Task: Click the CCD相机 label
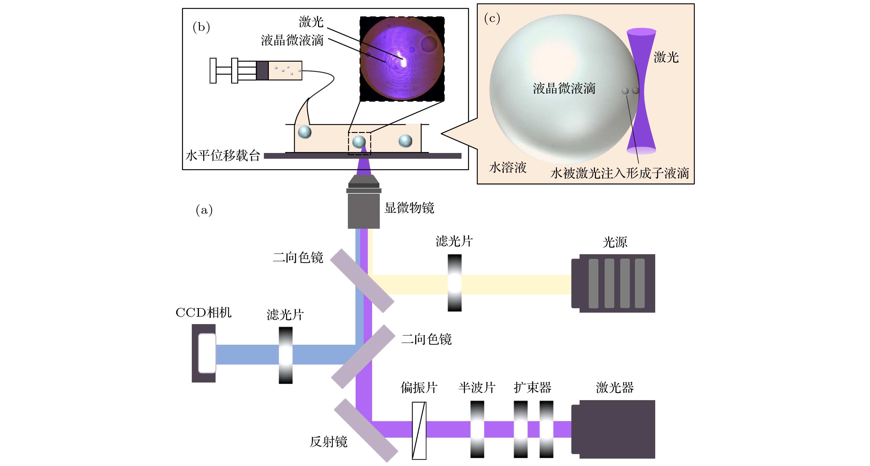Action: pos(203,312)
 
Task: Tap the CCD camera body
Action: pos(204,353)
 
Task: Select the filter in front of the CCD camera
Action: pos(285,355)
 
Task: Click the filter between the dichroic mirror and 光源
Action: pos(455,283)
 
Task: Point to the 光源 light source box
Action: pos(613,283)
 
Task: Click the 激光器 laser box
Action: pos(613,429)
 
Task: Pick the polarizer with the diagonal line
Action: pos(419,431)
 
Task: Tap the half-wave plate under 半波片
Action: pos(477,429)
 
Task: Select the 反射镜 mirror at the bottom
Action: pos(366,430)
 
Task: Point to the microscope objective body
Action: pos(364,209)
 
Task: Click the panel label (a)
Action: pos(204,210)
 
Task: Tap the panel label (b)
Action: pos(201,27)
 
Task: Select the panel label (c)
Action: pos(492,18)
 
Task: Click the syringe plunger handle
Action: pos(213,70)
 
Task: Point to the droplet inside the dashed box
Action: pos(359,142)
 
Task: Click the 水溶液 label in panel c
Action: pos(508,167)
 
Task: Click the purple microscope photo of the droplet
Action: pos(402,59)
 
